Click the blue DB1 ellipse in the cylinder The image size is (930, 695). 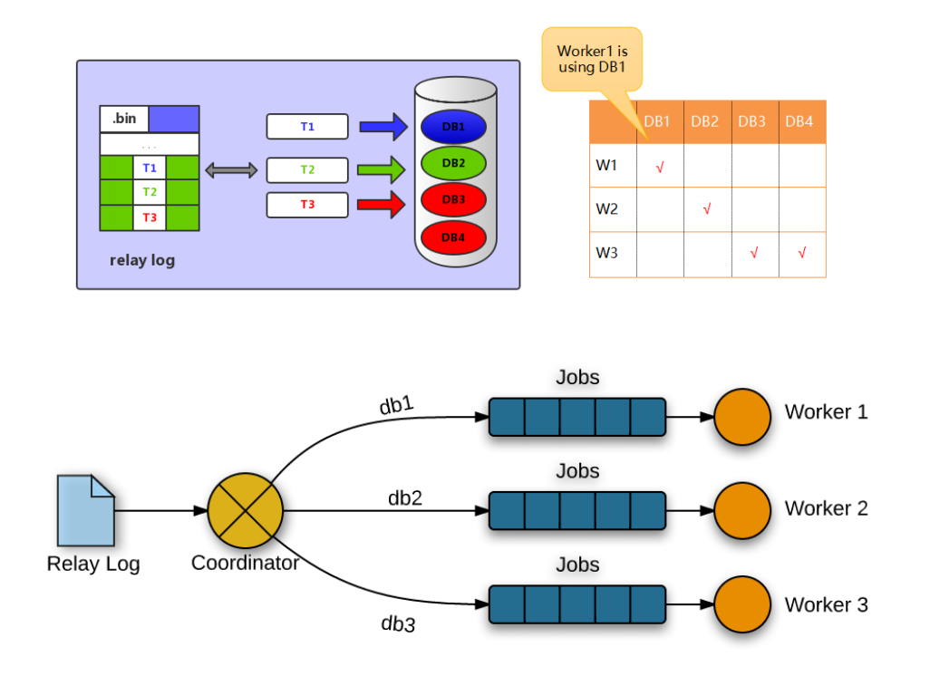[454, 127]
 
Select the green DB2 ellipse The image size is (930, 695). [454, 163]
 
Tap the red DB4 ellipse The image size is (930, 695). [454, 237]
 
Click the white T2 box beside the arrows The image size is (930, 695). [307, 169]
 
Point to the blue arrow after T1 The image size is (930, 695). [383, 127]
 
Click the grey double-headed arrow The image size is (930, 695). [232, 169]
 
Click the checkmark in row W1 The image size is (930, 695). [660, 167]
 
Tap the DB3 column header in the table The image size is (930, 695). [751, 121]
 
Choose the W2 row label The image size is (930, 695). [606, 209]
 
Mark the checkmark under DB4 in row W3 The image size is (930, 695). [801, 253]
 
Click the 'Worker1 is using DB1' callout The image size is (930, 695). [592, 60]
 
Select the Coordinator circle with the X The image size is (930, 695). [245, 510]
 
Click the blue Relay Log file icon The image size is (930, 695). [86, 510]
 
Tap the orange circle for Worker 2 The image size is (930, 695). [741, 510]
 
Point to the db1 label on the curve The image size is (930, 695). [397, 405]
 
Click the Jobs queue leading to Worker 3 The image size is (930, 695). [576, 604]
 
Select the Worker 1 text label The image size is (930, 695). [826, 412]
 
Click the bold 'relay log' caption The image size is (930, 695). [142, 261]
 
